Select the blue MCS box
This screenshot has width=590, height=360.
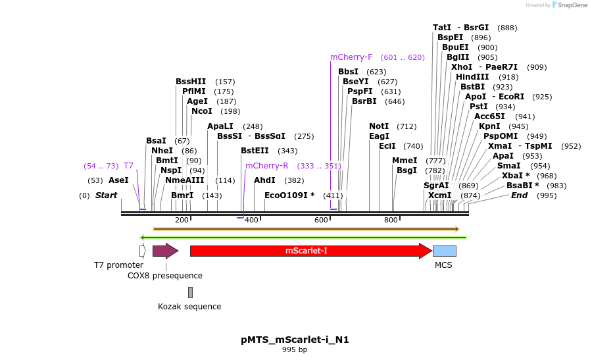(x=444, y=251)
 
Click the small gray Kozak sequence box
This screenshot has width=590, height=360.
(x=190, y=292)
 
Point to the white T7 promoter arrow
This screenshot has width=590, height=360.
(x=142, y=251)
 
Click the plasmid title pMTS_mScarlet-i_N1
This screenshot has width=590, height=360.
(x=295, y=340)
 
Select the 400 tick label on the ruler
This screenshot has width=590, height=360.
(x=251, y=220)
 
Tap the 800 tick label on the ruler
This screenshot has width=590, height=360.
(x=391, y=220)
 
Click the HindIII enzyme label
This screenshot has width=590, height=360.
(x=472, y=77)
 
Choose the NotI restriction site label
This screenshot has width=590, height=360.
(x=379, y=126)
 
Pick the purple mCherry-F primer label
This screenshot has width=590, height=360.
(x=351, y=57)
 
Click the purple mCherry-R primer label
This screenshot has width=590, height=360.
(x=266, y=166)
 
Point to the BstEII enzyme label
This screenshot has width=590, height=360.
(x=255, y=151)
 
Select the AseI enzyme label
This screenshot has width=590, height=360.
(x=118, y=180)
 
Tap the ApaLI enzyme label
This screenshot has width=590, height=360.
(x=220, y=126)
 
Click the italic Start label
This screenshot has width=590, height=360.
(x=106, y=195)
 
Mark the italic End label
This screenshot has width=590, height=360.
(x=520, y=195)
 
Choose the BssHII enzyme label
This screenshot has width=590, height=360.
(x=191, y=82)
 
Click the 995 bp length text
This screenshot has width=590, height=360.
(x=295, y=349)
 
